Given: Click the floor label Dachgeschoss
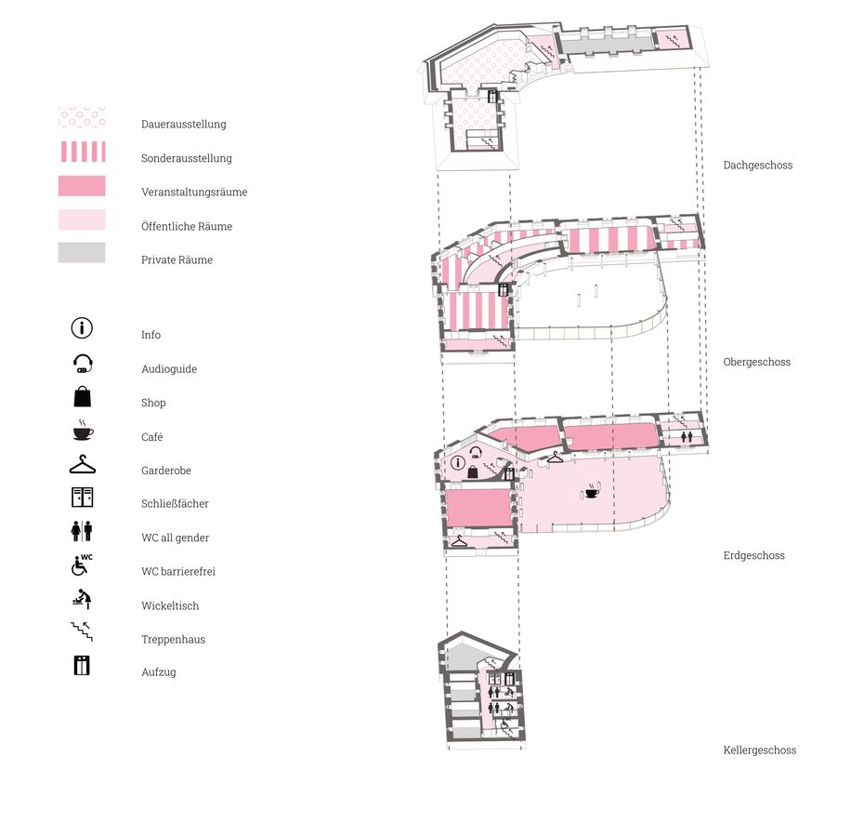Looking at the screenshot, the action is click(758, 166).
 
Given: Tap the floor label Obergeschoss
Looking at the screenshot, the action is click(756, 362).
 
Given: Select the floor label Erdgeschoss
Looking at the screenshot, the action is click(753, 555).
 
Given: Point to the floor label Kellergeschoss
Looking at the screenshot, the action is click(759, 751).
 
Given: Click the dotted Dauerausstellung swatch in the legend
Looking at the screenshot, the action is click(82, 117).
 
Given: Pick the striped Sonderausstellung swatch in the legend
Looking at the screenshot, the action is click(82, 152).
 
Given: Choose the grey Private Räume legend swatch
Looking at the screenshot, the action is click(82, 253).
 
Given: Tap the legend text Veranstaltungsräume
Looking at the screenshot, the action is click(194, 192).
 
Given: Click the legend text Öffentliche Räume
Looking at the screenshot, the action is click(187, 226).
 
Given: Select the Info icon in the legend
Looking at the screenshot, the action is click(82, 327).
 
